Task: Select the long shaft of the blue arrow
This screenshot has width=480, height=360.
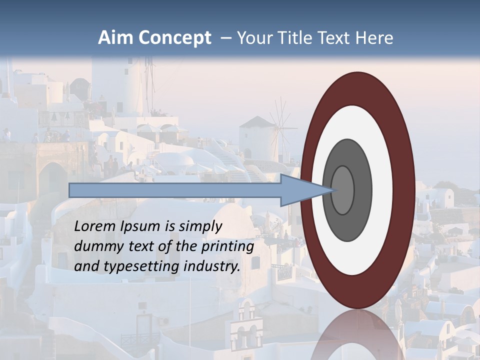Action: click(x=175, y=190)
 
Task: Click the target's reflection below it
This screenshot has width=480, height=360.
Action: click(x=357, y=335)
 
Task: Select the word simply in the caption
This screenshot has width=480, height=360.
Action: click(x=199, y=226)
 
